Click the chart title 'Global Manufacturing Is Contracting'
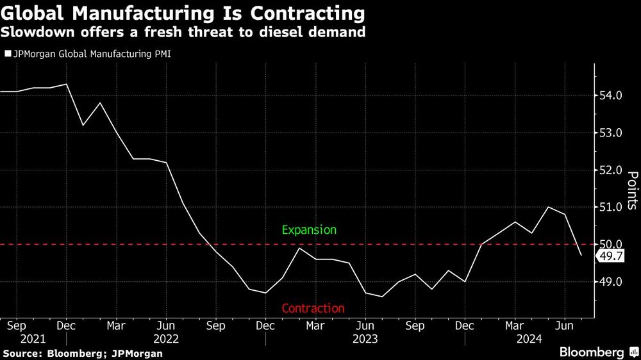[x=183, y=13]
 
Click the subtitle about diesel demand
[x=183, y=32]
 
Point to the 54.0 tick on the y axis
[x=610, y=95]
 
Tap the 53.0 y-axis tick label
[x=610, y=133]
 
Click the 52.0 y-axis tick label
[x=610, y=170]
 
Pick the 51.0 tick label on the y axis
[x=610, y=207]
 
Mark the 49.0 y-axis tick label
[x=610, y=281]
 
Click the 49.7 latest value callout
[x=610, y=256]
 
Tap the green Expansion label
[x=309, y=229]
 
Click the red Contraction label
[x=313, y=308]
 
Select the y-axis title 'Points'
[x=631, y=190]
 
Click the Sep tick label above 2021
[x=17, y=325]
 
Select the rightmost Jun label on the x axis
[x=563, y=325]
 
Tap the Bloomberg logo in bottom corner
[x=597, y=352]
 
